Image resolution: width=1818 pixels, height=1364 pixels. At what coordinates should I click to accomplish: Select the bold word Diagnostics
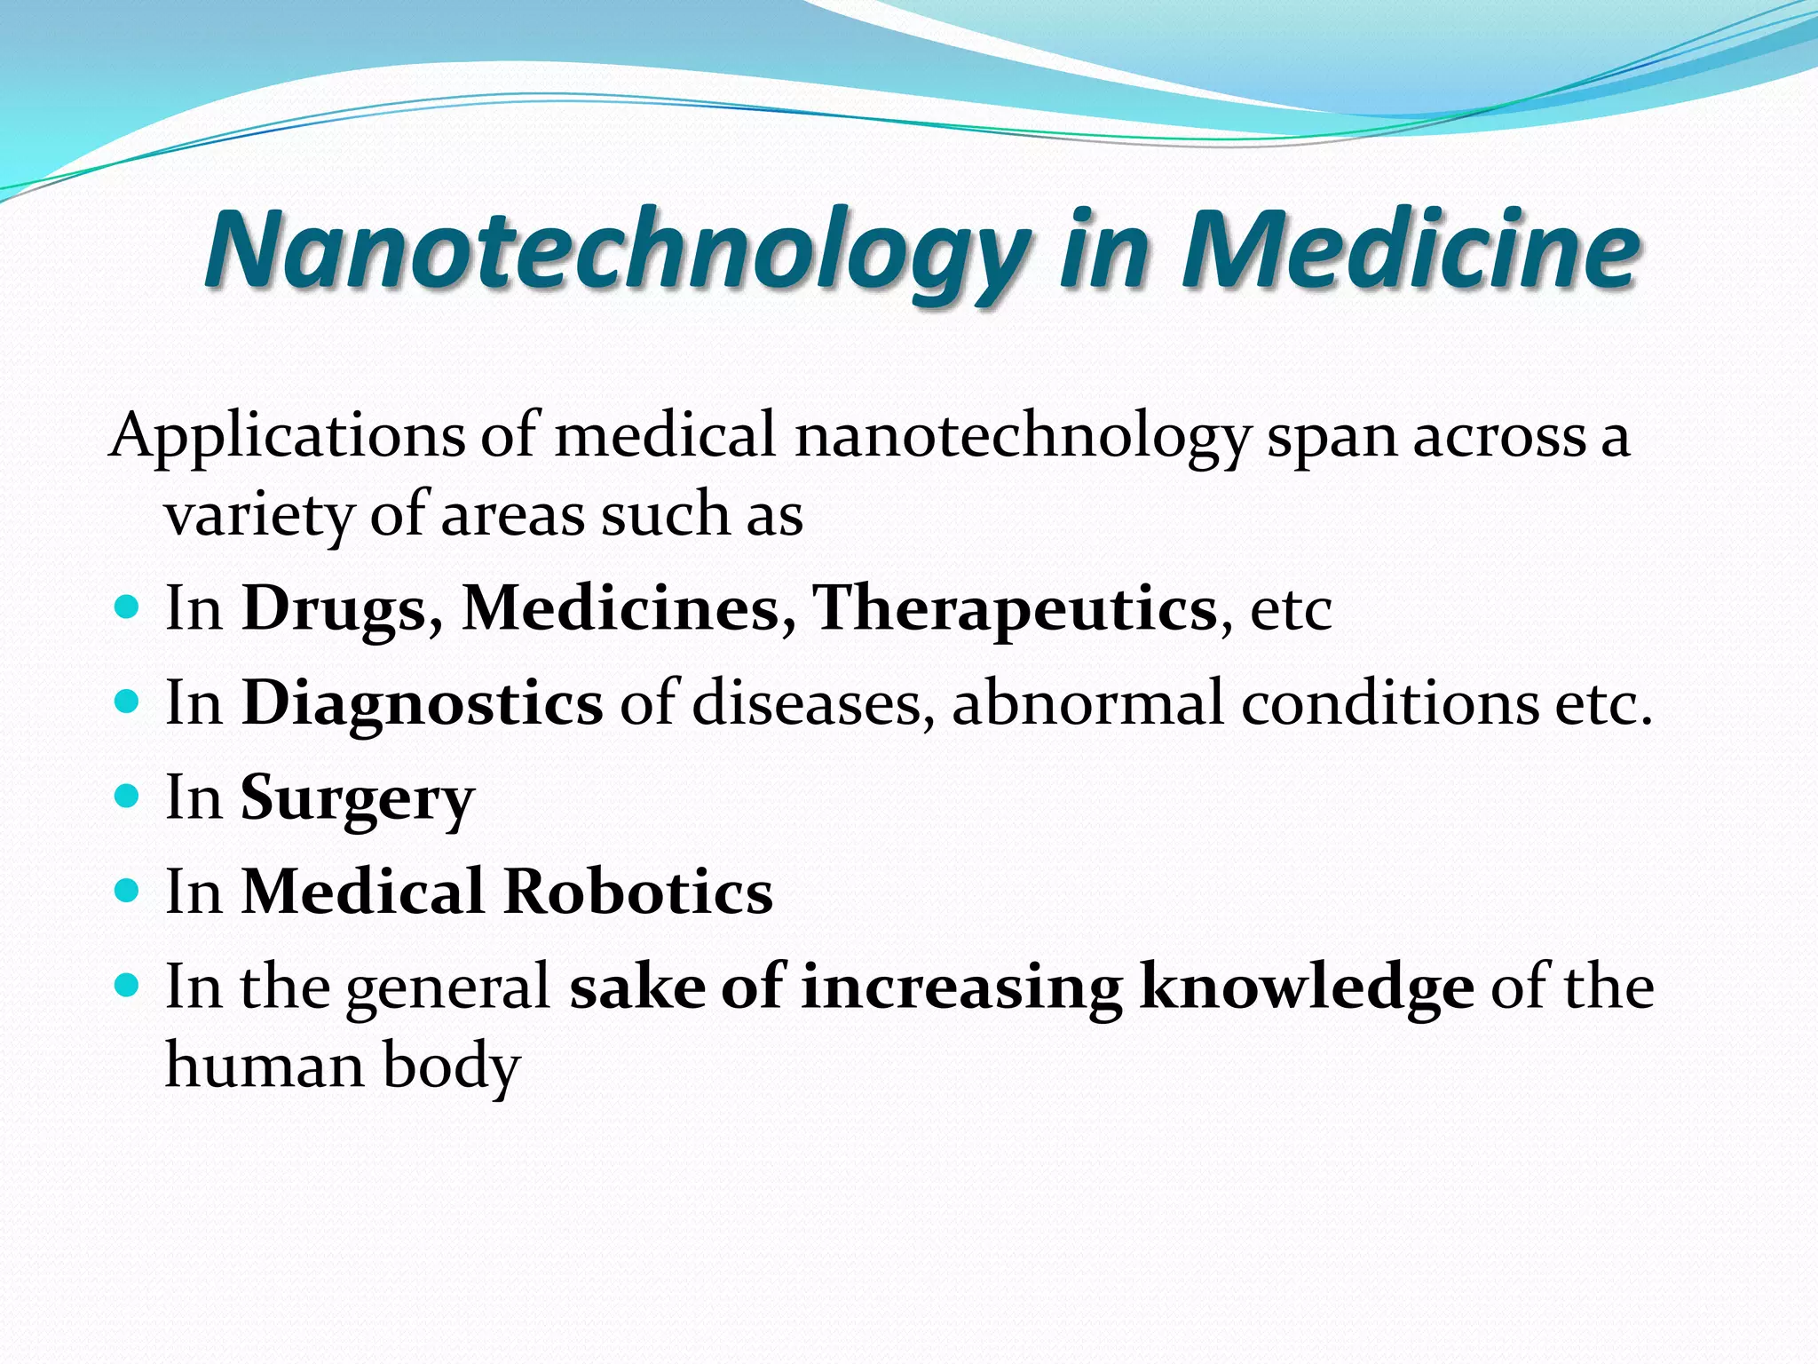(423, 704)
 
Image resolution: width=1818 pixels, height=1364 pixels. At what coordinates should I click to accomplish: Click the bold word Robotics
(638, 892)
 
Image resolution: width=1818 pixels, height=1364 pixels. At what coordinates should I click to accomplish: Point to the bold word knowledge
(1307, 987)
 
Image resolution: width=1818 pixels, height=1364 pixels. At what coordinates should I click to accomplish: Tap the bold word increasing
(961, 987)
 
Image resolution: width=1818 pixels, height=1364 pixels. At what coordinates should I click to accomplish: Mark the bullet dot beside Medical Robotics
(128, 889)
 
